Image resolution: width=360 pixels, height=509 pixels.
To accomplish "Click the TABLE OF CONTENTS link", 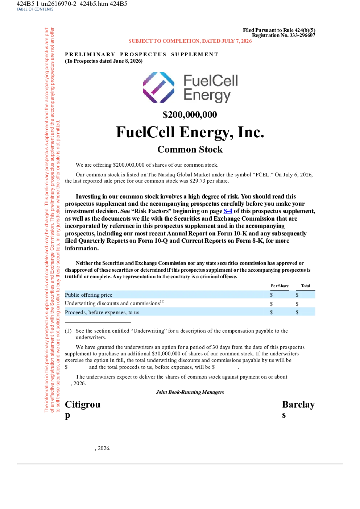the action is pyautogui.click(x=35, y=9).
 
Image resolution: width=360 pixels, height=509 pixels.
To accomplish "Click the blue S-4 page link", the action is pyautogui.click(x=228, y=211).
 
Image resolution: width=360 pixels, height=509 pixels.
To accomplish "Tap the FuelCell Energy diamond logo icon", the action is pyautogui.click(x=158, y=87).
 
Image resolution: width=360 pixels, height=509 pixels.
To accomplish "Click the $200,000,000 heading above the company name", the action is pyautogui.click(x=190, y=114).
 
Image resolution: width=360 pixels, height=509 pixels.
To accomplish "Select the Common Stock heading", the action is pyautogui.click(x=190, y=149).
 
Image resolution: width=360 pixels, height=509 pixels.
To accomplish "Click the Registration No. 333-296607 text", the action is pyautogui.click(x=284, y=35).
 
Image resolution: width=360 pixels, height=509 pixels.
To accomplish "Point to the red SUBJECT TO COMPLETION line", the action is pyautogui.click(x=190, y=41).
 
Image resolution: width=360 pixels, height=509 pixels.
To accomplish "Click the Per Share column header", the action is pyautogui.click(x=280, y=286).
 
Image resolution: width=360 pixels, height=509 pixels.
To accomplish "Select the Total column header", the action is pyautogui.click(x=305, y=286).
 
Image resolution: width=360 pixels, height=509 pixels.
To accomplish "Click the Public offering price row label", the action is pyautogui.click(x=88, y=295).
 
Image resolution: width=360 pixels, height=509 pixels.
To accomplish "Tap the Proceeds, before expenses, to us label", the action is pyautogui.click(x=102, y=312).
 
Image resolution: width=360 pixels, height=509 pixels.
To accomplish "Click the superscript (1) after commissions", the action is pyautogui.click(x=162, y=301).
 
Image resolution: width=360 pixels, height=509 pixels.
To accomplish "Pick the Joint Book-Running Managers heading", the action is pyautogui.click(x=190, y=392).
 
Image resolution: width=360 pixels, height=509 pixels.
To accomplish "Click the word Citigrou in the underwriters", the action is pyautogui.click(x=83, y=404).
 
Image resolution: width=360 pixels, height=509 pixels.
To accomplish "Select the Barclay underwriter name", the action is pyautogui.click(x=298, y=404).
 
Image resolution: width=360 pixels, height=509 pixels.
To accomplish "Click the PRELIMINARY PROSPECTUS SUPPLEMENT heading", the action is pyautogui.click(x=141, y=54).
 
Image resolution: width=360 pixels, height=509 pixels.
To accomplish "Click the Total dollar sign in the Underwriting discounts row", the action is pyautogui.click(x=297, y=304).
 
